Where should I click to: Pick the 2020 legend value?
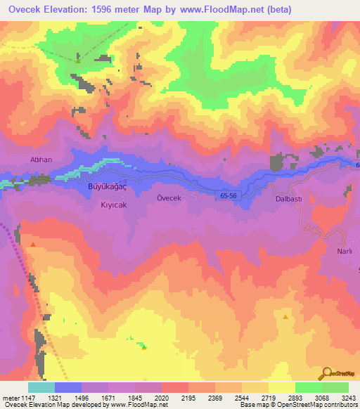coord(161,398)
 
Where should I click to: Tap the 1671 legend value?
coord(108,398)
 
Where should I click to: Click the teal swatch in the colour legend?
coord(41,387)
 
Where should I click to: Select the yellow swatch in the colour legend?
coord(281,387)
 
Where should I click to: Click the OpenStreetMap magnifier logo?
coord(324,374)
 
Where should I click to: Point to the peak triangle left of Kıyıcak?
coord(32,243)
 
